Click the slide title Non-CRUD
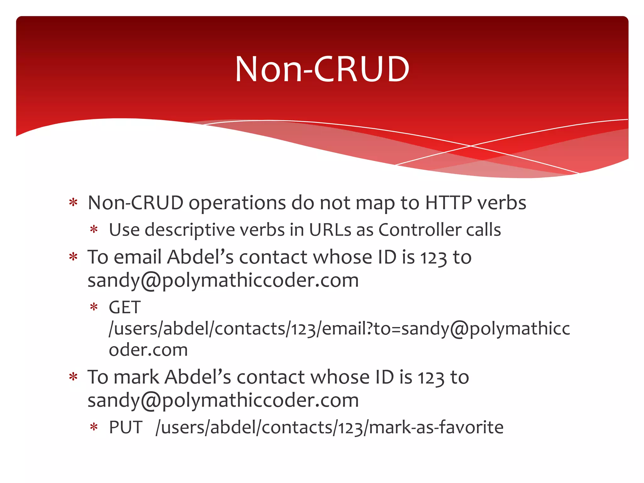pyautogui.click(x=322, y=69)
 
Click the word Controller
pyautogui.click(x=419, y=230)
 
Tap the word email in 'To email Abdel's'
pyautogui.click(x=137, y=257)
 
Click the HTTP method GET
pyautogui.click(x=125, y=307)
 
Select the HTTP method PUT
pyautogui.click(x=126, y=427)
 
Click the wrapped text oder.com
pyautogui.click(x=148, y=350)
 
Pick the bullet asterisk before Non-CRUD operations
pyautogui.click(x=73, y=203)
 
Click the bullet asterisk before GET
pyautogui.click(x=94, y=307)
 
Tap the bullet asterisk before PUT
pyautogui.click(x=94, y=427)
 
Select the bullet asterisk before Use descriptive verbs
pyautogui.click(x=94, y=230)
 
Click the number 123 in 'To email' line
pyautogui.click(x=434, y=258)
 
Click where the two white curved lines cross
pyautogui.click(x=471, y=146)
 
